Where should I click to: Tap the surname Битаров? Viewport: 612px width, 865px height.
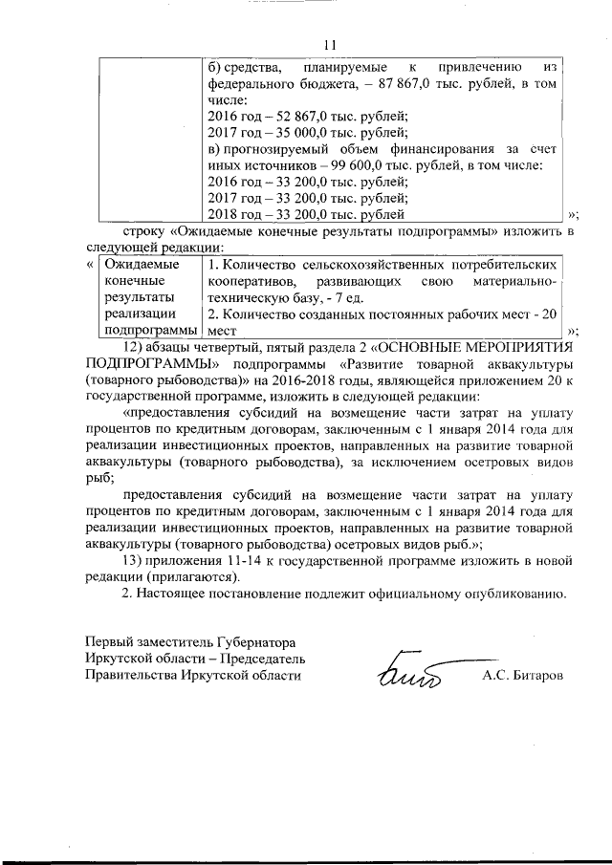(x=530, y=675)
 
